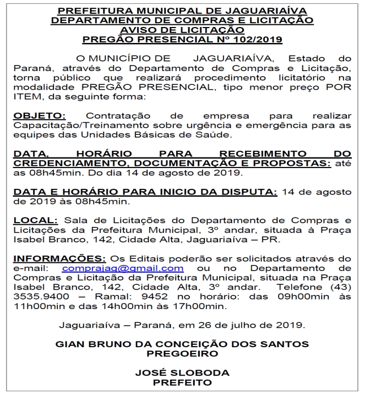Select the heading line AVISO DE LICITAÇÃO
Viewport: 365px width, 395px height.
click(x=182, y=29)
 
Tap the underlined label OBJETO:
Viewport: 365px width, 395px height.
click(x=39, y=116)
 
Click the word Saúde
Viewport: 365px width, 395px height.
click(x=217, y=135)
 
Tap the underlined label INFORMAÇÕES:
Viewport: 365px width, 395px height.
click(x=59, y=258)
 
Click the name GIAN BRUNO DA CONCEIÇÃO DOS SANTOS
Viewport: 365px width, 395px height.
click(x=182, y=344)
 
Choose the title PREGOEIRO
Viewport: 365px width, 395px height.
click(x=182, y=354)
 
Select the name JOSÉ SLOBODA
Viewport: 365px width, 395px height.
click(x=182, y=373)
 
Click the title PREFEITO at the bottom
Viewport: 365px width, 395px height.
click(x=182, y=382)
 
